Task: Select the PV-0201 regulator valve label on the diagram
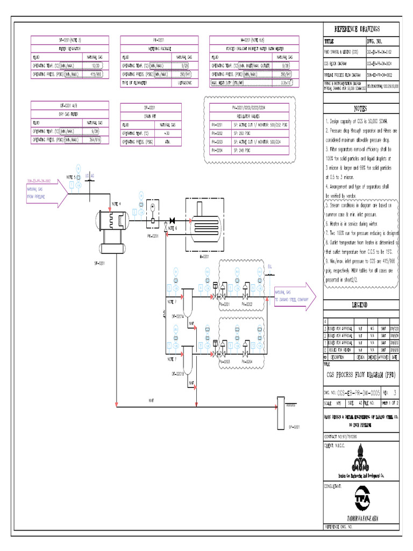(225, 304)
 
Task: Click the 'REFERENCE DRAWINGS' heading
(357, 29)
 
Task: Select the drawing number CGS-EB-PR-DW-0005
(359, 393)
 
